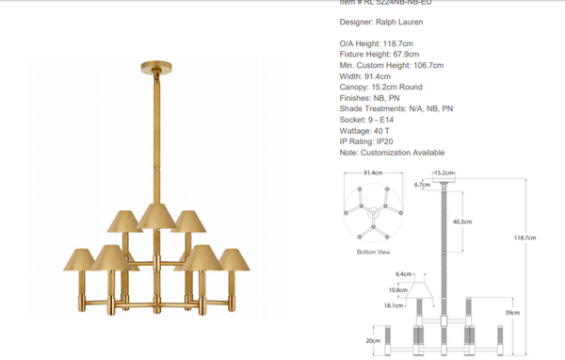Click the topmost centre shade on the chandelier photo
[x=155, y=214]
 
